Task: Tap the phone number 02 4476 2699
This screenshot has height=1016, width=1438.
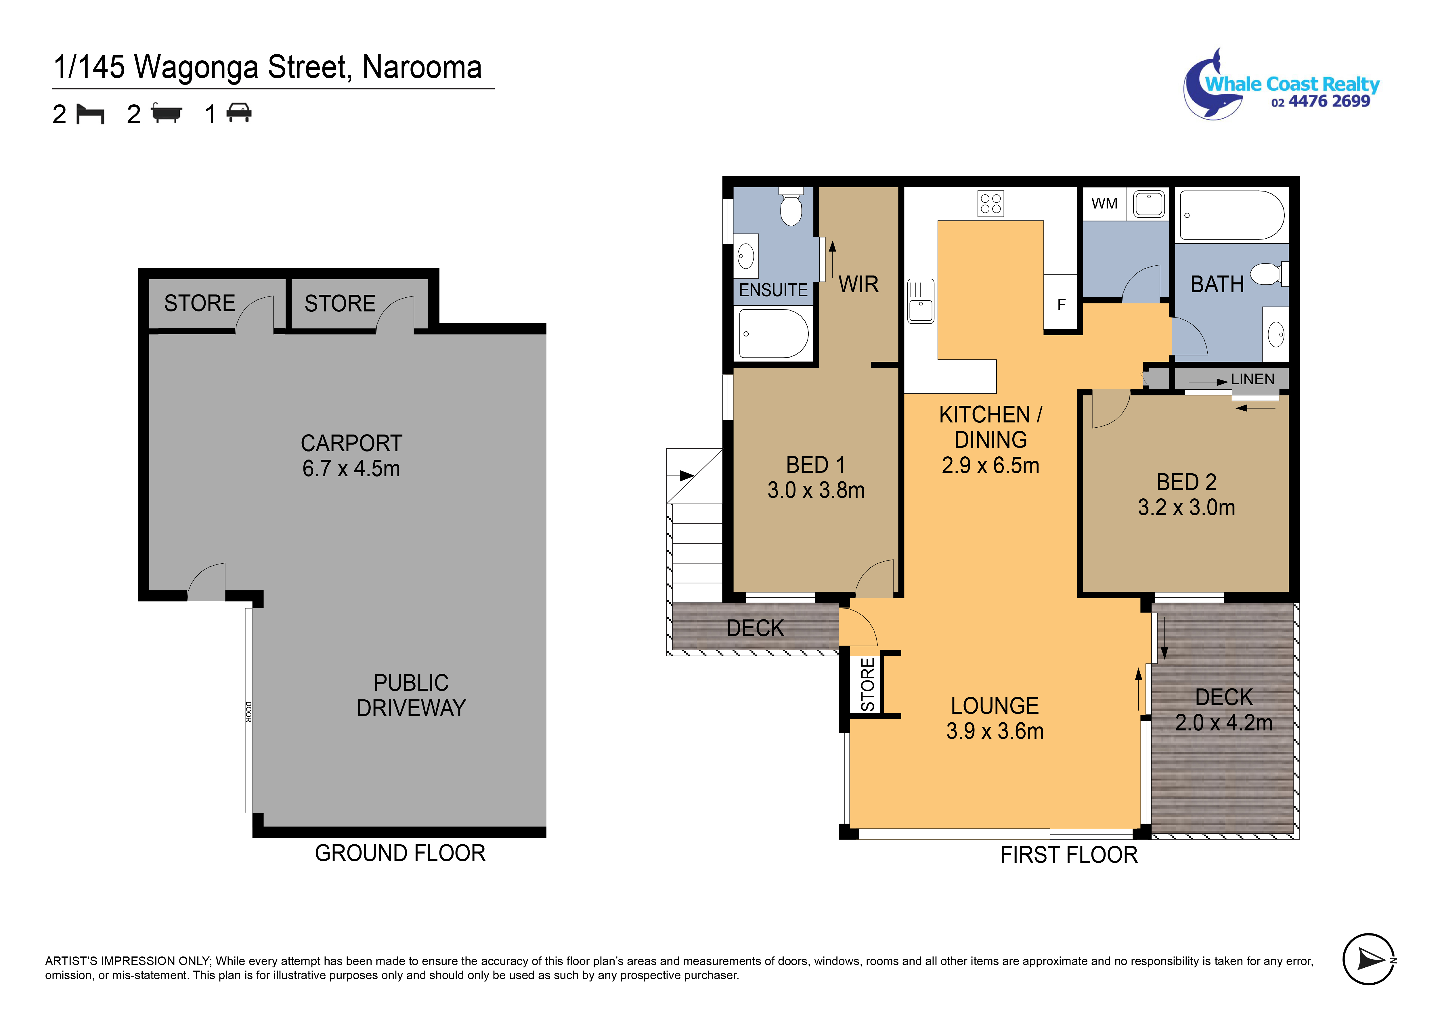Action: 1320,102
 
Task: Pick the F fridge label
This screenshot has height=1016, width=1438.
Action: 1061,305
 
